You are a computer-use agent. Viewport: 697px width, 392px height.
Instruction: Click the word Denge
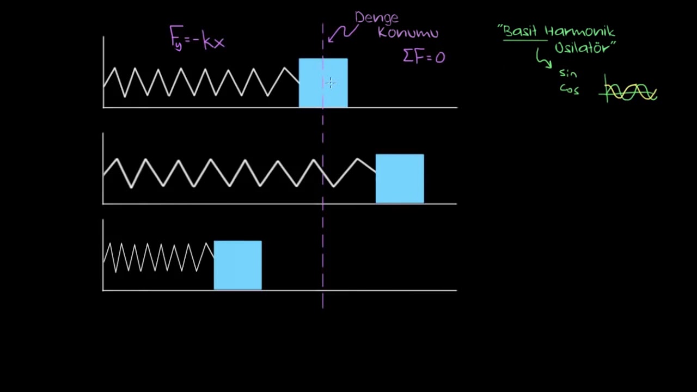(376, 19)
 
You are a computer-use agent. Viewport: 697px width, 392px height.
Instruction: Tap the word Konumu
(408, 32)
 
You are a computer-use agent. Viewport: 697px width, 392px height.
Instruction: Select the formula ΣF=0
(424, 57)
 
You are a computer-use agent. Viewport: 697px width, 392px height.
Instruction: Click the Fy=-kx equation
(197, 38)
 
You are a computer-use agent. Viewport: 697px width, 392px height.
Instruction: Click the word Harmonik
(580, 32)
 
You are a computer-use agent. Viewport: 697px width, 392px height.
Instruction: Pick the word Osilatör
(584, 47)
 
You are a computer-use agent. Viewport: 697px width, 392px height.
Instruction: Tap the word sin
(568, 73)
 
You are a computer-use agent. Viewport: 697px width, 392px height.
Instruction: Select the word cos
(570, 89)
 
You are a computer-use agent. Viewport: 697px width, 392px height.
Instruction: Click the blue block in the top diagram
(323, 83)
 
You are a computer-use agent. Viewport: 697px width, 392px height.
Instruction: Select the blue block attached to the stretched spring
(400, 179)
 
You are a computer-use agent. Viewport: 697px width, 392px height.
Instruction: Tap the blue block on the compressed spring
(238, 265)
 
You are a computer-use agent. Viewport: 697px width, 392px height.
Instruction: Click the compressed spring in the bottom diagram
(158, 258)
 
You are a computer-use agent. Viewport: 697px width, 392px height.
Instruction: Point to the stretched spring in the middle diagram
(240, 173)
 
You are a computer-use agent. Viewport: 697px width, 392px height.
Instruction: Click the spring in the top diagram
(201, 82)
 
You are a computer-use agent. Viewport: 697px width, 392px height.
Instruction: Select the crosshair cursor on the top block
(331, 83)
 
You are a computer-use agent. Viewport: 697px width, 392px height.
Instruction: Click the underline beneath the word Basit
(525, 40)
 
